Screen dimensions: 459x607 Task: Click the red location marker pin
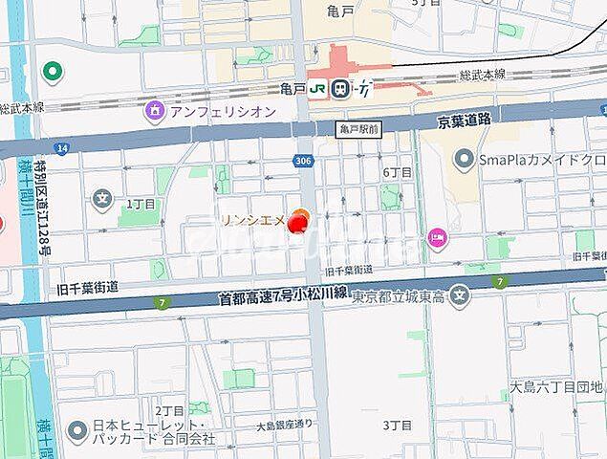point(298,223)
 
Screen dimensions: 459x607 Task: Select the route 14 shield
point(62,148)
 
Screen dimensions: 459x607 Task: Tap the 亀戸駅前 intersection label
point(359,127)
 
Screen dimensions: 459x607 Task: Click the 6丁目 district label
point(397,172)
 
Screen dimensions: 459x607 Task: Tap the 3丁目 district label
point(396,424)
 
